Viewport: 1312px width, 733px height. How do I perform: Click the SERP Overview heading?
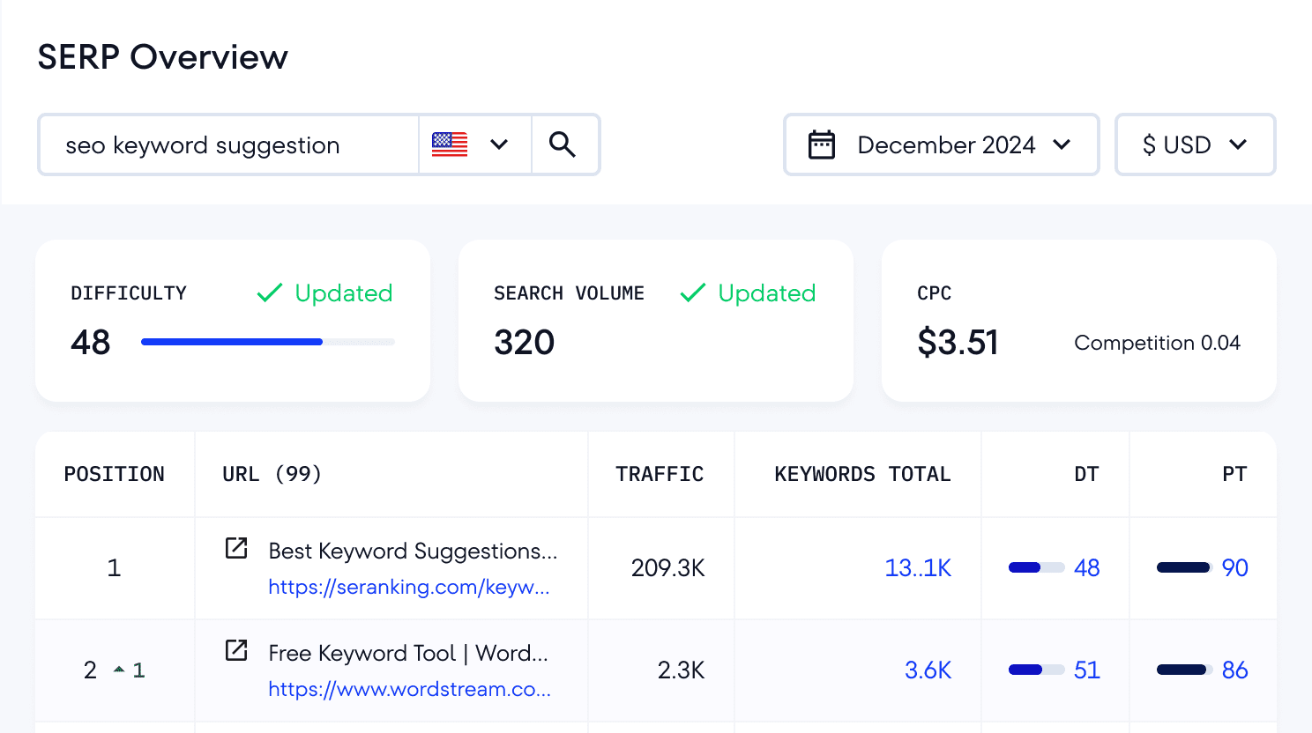tap(162, 57)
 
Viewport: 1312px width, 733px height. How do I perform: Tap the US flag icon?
tap(450, 144)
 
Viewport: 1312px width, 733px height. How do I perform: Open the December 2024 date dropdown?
tap(942, 144)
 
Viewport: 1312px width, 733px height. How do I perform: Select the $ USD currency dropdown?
tap(1195, 144)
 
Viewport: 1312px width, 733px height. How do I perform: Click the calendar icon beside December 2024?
tap(822, 144)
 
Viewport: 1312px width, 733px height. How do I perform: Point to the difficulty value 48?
tap(91, 343)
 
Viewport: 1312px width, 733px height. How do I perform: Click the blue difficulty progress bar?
tap(232, 342)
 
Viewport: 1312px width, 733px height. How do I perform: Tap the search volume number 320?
tap(525, 343)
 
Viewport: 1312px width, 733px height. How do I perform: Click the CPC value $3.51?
tap(958, 343)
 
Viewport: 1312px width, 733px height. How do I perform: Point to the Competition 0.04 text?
tap(1157, 343)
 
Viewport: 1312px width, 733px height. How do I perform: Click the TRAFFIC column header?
tap(660, 474)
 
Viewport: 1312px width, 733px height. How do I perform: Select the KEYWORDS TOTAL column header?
tap(862, 474)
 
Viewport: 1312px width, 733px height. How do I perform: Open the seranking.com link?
tap(409, 587)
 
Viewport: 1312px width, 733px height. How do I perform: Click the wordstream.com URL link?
tap(410, 689)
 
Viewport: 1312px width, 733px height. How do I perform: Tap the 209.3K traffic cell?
tap(667, 568)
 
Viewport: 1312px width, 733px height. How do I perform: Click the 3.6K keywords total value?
tap(928, 670)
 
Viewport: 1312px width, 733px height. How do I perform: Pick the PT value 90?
tap(1234, 568)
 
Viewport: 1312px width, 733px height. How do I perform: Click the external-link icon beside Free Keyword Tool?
tap(236, 650)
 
